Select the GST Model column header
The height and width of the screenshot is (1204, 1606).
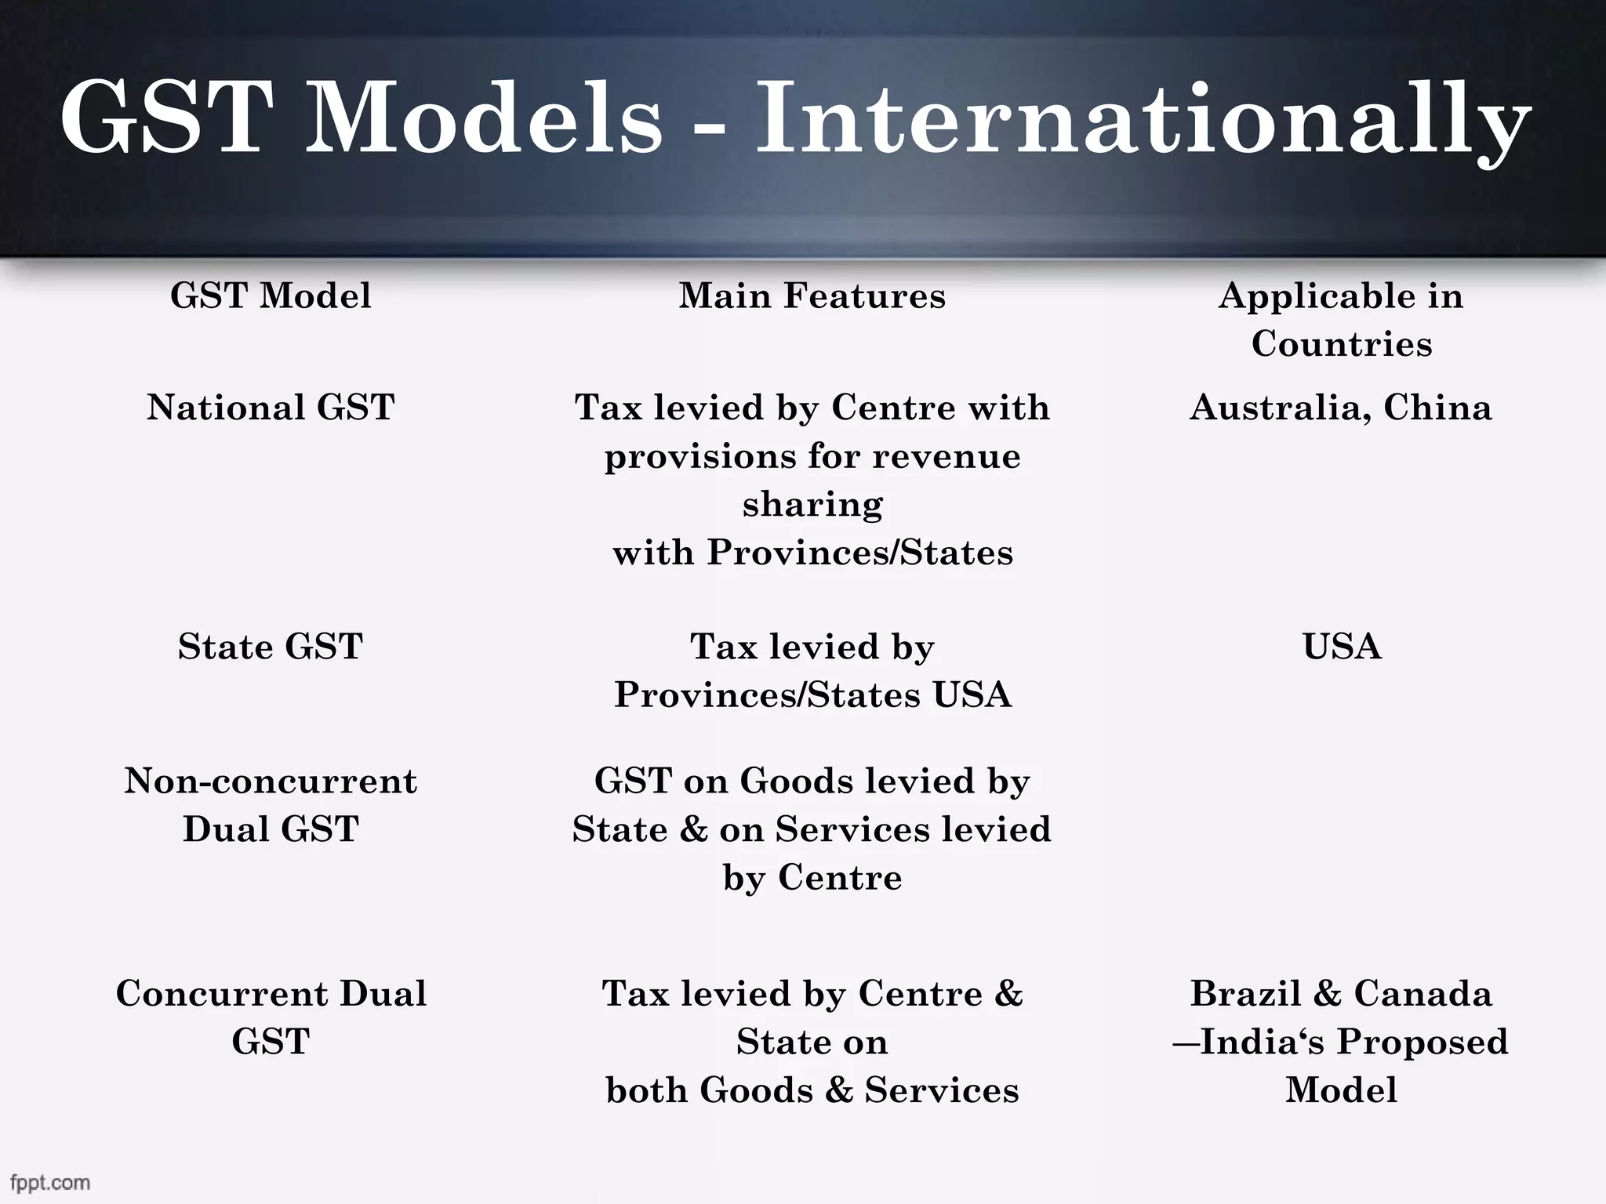[x=271, y=296]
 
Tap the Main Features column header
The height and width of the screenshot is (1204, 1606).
[x=812, y=296]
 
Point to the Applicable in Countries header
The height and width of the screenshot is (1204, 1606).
[x=1341, y=320]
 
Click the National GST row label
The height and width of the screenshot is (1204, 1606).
[x=271, y=408]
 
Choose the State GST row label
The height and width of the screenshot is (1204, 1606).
[x=271, y=647]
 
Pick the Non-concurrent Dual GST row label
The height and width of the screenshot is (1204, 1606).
[x=271, y=805]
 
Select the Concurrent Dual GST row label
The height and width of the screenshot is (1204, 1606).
[x=271, y=1017]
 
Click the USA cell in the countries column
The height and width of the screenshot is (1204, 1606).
[x=1342, y=647]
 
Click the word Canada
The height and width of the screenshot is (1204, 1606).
[x=1423, y=994]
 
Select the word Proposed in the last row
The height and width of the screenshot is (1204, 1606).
[x=1422, y=1043]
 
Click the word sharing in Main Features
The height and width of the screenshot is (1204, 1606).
[x=812, y=504]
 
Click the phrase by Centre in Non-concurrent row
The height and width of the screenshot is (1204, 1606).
[x=812, y=878]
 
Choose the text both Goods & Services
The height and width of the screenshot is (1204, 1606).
[x=812, y=1090]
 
